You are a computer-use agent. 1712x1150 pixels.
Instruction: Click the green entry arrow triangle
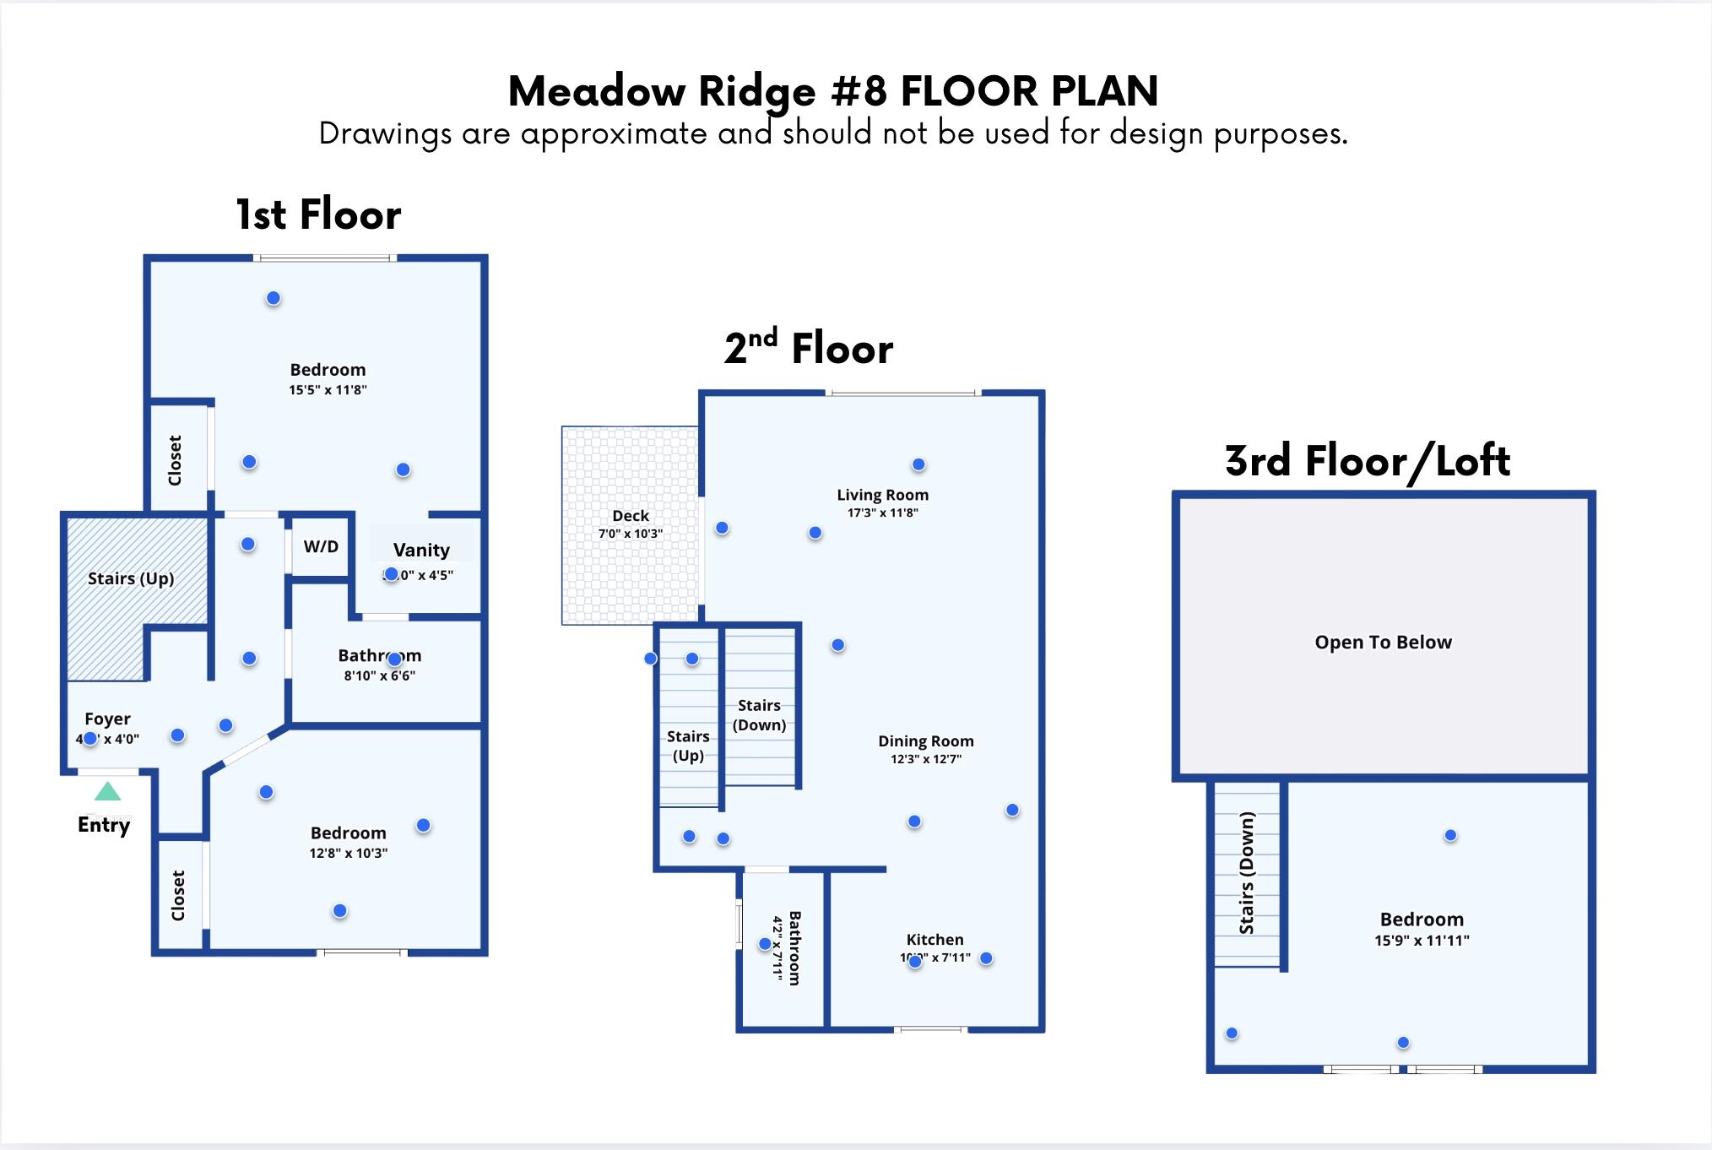tap(107, 792)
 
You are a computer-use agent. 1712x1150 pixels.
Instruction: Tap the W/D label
tap(321, 546)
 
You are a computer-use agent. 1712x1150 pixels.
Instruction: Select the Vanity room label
tap(421, 551)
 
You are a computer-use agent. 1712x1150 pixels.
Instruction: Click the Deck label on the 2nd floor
tap(631, 516)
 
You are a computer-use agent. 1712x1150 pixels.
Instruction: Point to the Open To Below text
tap(1383, 643)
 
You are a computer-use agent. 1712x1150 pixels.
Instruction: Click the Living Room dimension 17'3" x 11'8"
tap(882, 513)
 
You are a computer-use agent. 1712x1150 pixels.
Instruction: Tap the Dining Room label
tap(925, 741)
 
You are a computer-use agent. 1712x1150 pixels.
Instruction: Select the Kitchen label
tap(935, 940)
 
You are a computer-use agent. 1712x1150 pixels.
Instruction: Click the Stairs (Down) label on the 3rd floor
tap(1247, 873)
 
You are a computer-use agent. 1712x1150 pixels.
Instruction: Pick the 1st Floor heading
tap(318, 214)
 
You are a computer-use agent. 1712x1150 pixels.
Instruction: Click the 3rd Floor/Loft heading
tap(1367, 461)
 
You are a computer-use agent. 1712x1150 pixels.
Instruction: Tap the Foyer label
tap(107, 719)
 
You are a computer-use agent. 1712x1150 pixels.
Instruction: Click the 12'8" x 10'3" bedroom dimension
tap(348, 854)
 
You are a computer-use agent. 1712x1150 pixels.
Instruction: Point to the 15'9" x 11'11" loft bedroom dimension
tap(1422, 941)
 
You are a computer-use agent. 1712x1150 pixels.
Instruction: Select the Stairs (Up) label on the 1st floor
tap(131, 579)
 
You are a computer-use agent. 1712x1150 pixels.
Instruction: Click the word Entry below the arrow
tap(104, 825)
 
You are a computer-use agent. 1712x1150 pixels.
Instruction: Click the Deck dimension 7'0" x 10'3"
tap(631, 534)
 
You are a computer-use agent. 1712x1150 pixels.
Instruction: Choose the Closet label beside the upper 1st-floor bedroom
tap(175, 460)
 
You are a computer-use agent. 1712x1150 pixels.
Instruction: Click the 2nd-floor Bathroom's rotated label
tap(794, 947)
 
